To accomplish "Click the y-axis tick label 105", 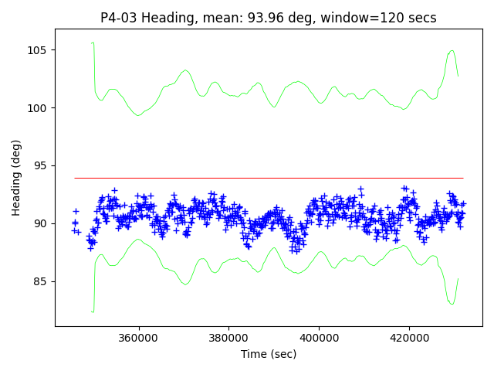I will click(x=39, y=50).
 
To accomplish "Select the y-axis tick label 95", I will click(x=42, y=165).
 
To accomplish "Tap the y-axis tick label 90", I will click(x=42, y=223).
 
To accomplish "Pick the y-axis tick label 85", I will click(x=42, y=281).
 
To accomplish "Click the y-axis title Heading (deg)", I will click(x=16, y=183).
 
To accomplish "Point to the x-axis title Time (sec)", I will click(x=269, y=354).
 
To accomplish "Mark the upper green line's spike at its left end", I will click(x=93, y=43).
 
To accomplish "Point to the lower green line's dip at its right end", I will click(x=452, y=303).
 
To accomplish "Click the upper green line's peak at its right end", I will click(x=452, y=51).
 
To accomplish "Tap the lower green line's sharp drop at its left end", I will click(x=93, y=311).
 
